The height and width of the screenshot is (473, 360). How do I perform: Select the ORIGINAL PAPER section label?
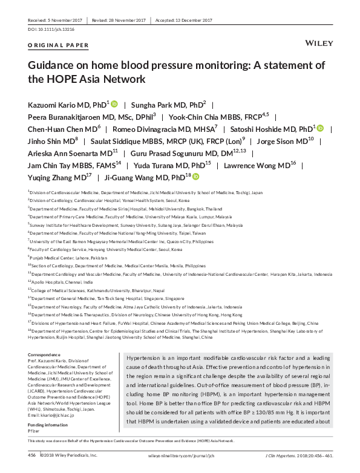[58, 45]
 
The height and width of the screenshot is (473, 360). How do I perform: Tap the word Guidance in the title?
[52, 65]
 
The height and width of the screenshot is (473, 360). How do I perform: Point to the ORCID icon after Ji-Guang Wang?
[195, 177]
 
